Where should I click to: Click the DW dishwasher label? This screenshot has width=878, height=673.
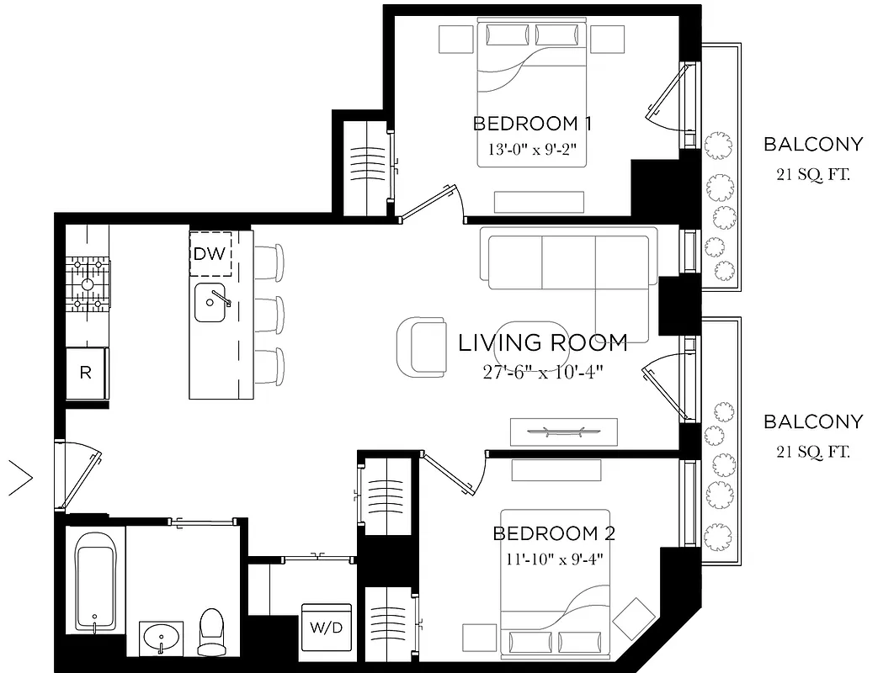click(x=210, y=253)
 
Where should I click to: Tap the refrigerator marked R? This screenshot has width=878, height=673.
click(x=86, y=373)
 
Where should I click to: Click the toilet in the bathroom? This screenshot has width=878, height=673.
click(x=210, y=632)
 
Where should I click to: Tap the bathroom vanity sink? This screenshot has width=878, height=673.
click(x=161, y=638)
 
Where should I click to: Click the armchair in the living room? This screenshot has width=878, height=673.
click(x=420, y=347)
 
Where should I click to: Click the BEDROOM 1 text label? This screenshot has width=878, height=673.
click(x=532, y=124)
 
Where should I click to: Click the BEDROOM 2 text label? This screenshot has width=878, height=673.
click(x=553, y=533)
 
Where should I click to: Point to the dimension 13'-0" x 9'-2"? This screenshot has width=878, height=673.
click(x=532, y=149)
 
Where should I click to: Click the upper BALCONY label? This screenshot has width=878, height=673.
click(x=812, y=144)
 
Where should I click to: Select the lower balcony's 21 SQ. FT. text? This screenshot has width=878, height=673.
click(x=812, y=453)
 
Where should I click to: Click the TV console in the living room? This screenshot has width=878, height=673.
click(x=563, y=432)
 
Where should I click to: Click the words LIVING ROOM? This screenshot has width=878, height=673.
click(x=543, y=342)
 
